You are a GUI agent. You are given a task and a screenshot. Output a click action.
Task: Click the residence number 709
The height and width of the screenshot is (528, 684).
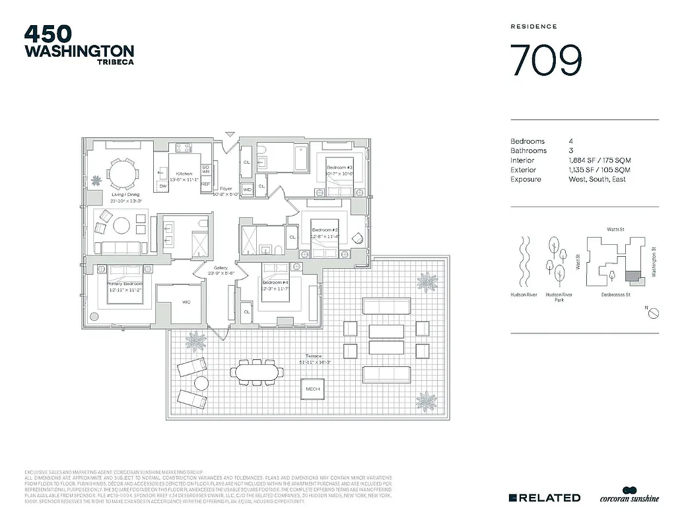coord(547,61)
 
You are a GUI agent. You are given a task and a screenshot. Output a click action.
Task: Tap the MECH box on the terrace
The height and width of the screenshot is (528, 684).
coord(312,389)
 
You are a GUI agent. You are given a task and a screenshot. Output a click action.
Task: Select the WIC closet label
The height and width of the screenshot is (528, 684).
coord(186,302)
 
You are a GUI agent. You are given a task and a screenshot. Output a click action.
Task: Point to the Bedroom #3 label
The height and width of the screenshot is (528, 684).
coord(340,168)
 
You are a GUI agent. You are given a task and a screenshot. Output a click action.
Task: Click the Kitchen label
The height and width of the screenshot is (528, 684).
coord(184,174)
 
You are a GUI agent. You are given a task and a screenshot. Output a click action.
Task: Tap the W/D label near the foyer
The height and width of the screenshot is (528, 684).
coord(248,190)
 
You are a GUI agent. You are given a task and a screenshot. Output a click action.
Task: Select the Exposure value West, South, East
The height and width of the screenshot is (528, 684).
coord(598,180)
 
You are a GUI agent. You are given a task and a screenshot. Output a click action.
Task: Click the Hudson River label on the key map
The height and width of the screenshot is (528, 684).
coord(523,294)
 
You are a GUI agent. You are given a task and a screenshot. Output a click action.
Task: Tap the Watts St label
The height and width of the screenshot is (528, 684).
coord(615,230)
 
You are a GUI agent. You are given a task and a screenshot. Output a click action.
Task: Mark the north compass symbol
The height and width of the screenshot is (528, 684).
coord(652,313)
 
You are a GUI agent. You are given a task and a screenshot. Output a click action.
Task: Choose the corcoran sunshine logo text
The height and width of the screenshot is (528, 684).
coord(629,500)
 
